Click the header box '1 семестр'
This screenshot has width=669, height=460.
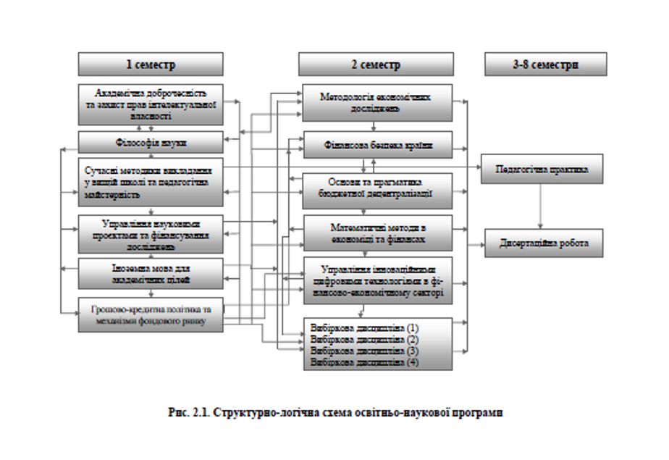[151, 64]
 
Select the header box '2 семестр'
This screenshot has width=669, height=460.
[376, 64]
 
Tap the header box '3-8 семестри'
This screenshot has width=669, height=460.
[545, 64]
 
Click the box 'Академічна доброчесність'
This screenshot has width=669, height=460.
[151, 104]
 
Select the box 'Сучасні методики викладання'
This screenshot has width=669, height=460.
[151, 182]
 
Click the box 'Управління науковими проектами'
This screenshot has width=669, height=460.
[151, 234]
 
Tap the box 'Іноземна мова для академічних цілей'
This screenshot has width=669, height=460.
[151, 275]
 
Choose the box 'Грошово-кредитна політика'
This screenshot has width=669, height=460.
[151, 314]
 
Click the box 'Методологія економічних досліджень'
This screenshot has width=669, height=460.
[376, 102]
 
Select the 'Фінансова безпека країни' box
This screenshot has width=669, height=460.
[376, 145]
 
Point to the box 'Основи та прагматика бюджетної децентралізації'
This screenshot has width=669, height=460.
[376, 188]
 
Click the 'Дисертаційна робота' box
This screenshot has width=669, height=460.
[544, 243]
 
